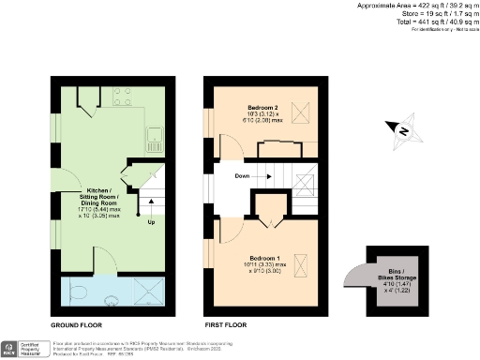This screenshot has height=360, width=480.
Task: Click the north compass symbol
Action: pyautogui.click(x=399, y=131)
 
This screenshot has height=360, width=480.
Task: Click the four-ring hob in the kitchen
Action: pyautogui.click(x=122, y=94)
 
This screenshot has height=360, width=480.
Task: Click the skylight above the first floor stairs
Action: pyautogui.click(x=304, y=182)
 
